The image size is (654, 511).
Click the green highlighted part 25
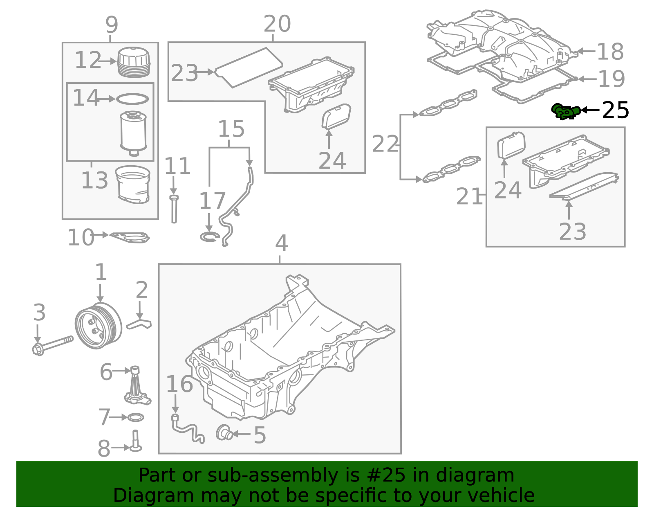point(565,111)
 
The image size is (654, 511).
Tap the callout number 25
point(616,110)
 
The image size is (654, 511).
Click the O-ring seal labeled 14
point(132,99)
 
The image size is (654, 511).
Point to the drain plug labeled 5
point(224,432)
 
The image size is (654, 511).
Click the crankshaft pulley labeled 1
point(98,326)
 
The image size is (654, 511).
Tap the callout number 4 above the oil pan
point(281,243)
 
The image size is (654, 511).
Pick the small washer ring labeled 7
point(136,418)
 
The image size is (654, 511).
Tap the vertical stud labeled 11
point(174,209)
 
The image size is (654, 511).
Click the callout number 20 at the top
point(277,24)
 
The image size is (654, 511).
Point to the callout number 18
point(610,52)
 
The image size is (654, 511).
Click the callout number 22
point(385,144)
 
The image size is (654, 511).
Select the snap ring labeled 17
point(209,236)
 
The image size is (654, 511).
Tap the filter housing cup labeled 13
point(132,184)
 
